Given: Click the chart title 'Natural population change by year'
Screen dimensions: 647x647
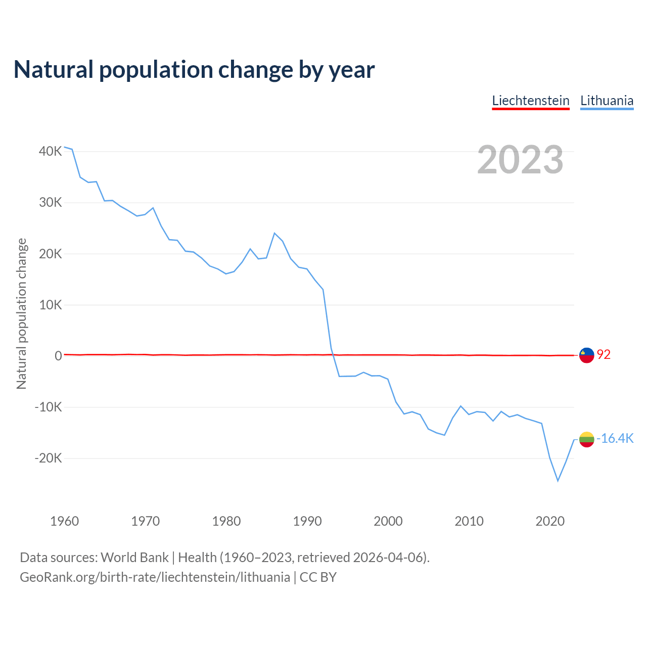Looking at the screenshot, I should click(x=194, y=70).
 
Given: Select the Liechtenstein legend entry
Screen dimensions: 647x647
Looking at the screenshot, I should click(x=531, y=101).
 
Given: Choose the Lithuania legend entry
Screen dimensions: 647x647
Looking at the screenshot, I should click(x=607, y=101).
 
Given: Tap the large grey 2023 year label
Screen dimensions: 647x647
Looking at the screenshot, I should click(x=520, y=160).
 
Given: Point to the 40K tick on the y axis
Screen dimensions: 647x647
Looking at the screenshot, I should click(x=51, y=151).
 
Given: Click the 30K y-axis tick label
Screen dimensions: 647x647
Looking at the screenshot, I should click(x=51, y=202).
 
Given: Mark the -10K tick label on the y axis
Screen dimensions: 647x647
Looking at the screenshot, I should click(x=49, y=407).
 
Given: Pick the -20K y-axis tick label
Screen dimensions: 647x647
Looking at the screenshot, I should click(x=49, y=458).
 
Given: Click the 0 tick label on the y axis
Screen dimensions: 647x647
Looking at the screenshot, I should click(x=58, y=356).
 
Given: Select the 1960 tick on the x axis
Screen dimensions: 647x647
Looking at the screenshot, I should click(x=65, y=521).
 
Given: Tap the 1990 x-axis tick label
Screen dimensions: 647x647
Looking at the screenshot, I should click(x=307, y=521).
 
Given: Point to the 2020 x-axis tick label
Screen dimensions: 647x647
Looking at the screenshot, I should click(x=550, y=521).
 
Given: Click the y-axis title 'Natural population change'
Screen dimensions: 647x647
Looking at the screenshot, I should click(x=22, y=314).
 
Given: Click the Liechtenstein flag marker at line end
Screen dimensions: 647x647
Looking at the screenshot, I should click(x=586, y=355).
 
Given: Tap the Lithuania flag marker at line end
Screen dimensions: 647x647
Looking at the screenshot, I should click(x=586, y=439).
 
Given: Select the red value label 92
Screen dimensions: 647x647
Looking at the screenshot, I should click(x=604, y=355).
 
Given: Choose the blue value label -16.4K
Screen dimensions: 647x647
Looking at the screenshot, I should click(x=615, y=438).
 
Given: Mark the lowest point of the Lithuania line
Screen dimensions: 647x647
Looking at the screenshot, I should click(x=558, y=481).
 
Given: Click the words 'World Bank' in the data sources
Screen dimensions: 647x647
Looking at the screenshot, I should click(x=134, y=558).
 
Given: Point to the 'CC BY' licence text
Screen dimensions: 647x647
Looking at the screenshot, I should click(x=318, y=577).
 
